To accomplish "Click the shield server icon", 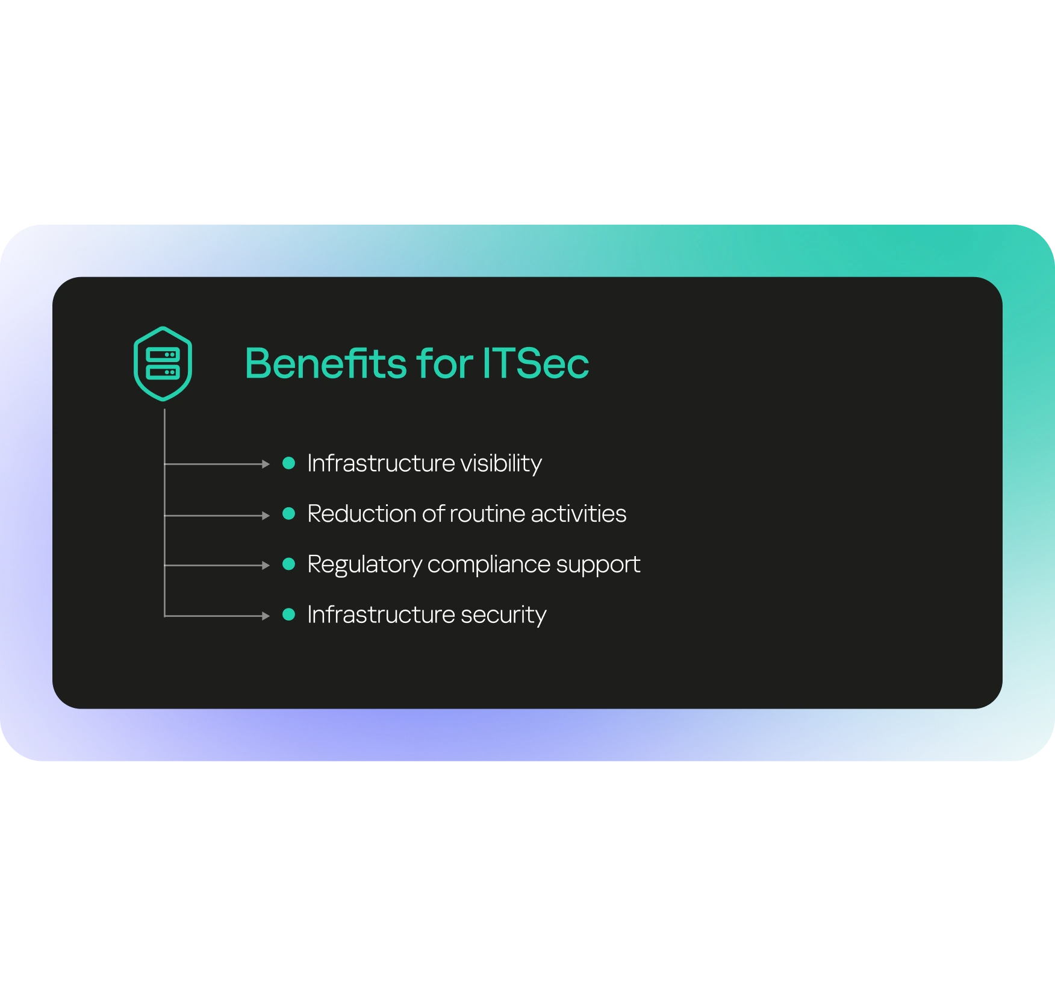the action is coord(163,364).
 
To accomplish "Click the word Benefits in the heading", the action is coord(326,363).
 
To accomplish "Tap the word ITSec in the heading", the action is coord(535,364).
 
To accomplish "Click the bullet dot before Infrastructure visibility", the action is coord(289,463).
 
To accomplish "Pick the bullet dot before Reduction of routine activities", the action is coord(289,513).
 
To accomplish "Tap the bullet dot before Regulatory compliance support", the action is coord(289,564).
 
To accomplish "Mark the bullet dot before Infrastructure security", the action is coord(289,614).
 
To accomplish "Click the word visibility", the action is coord(501,464).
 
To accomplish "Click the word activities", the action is coord(579,514).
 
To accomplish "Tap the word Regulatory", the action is coord(364,565).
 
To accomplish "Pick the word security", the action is coord(503,616).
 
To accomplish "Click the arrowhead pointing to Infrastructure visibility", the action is coord(266,464).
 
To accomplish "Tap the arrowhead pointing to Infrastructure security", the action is coord(266,616).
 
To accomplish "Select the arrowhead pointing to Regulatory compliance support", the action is coord(266,565).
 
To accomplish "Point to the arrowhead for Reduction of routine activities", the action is coord(266,516).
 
